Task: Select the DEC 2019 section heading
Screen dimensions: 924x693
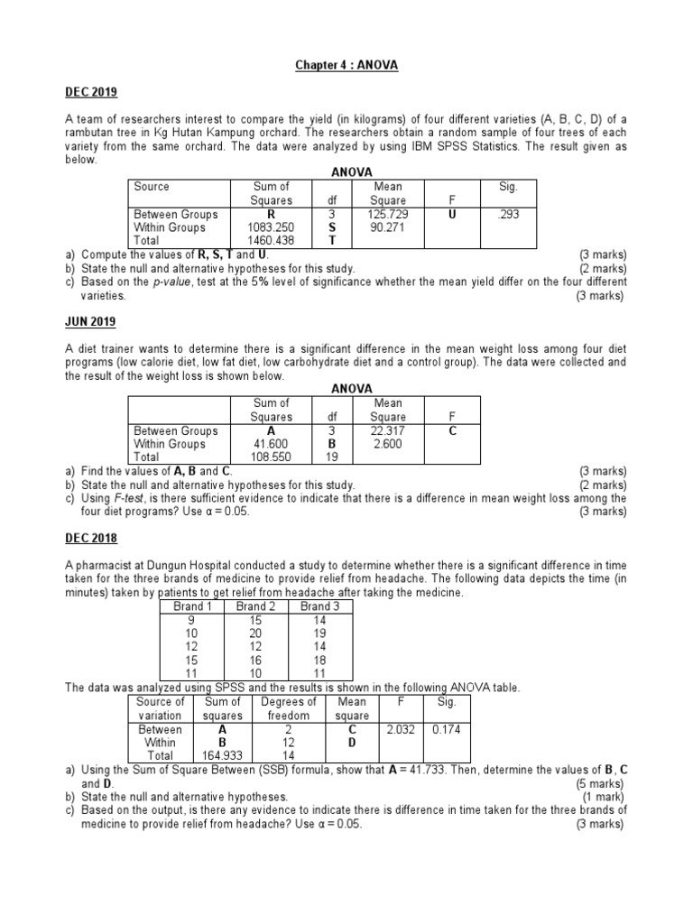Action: (x=91, y=93)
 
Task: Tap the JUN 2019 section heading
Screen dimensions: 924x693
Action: (x=90, y=322)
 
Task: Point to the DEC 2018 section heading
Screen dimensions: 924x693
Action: (x=91, y=539)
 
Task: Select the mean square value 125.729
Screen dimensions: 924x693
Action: (x=388, y=215)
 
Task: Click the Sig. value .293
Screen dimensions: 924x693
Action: (x=508, y=215)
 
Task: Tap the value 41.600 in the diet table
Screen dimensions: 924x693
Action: (x=272, y=444)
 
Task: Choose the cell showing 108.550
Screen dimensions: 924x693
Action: (x=272, y=457)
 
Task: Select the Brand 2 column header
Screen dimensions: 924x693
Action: (x=256, y=606)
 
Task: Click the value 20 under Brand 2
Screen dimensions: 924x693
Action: (x=256, y=633)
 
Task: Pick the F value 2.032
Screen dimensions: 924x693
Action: (x=401, y=729)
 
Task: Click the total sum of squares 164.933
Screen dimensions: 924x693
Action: (x=222, y=756)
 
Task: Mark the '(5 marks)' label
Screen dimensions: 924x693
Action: (x=598, y=784)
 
